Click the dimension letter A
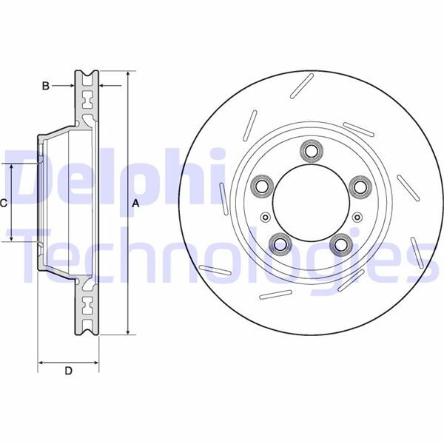point(135,203)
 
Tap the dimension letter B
point(45,87)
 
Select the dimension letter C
point(4,203)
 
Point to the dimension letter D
point(68,371)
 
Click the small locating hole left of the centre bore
point(265,217)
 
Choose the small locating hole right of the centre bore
point(357,217)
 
